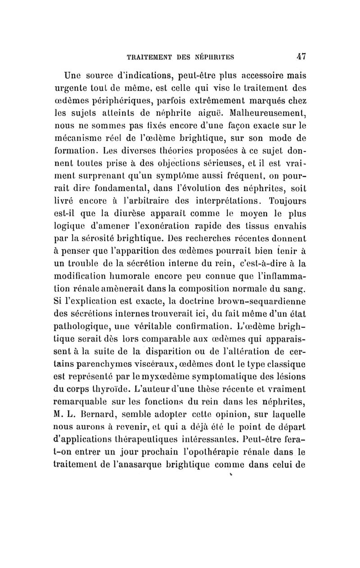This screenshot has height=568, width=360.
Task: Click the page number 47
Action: click(x=301, y=57)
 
